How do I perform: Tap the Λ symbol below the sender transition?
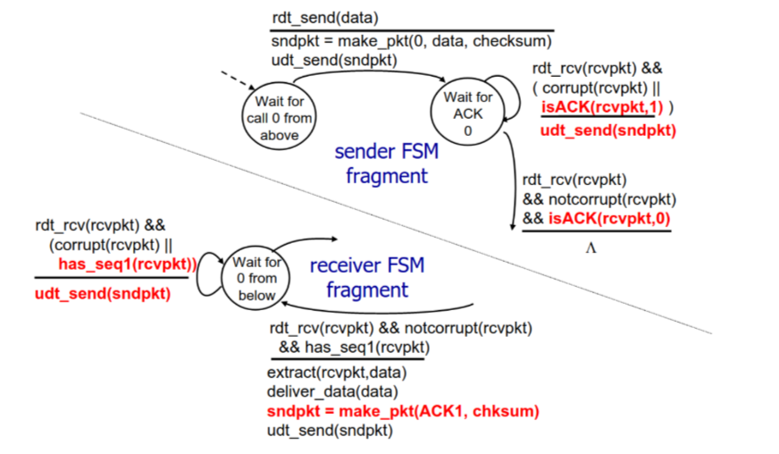pyautogui.click(x=590, y=248)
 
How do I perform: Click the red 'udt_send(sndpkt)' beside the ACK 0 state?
pyautogui.click(x=607, y=130)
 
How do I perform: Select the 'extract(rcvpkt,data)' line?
pyautogui.click(x=335, y=373)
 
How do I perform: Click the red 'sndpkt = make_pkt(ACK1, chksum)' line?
pyautogui.click(x=403, y=412)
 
